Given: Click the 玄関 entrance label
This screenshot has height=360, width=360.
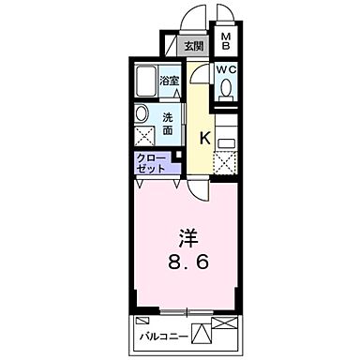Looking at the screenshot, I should tap(193, 47).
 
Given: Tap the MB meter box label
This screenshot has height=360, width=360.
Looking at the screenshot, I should tap(226, 41).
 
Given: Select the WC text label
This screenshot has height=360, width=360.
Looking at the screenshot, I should tap(226, 69).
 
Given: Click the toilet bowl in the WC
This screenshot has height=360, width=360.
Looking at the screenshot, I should tap(226, 91).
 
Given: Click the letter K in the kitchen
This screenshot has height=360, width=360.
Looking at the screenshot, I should tap(203, 137).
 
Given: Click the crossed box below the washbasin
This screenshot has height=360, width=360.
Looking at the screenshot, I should tap(144, 136).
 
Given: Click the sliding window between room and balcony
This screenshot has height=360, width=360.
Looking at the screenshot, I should tap(187, 311).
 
